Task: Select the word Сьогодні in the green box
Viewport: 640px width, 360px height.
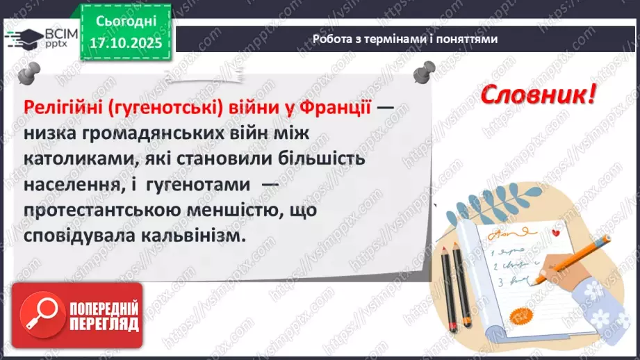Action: coord(126,21)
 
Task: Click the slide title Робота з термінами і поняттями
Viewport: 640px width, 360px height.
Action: coord(405,39)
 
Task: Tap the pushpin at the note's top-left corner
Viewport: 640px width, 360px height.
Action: coord(28,72)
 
